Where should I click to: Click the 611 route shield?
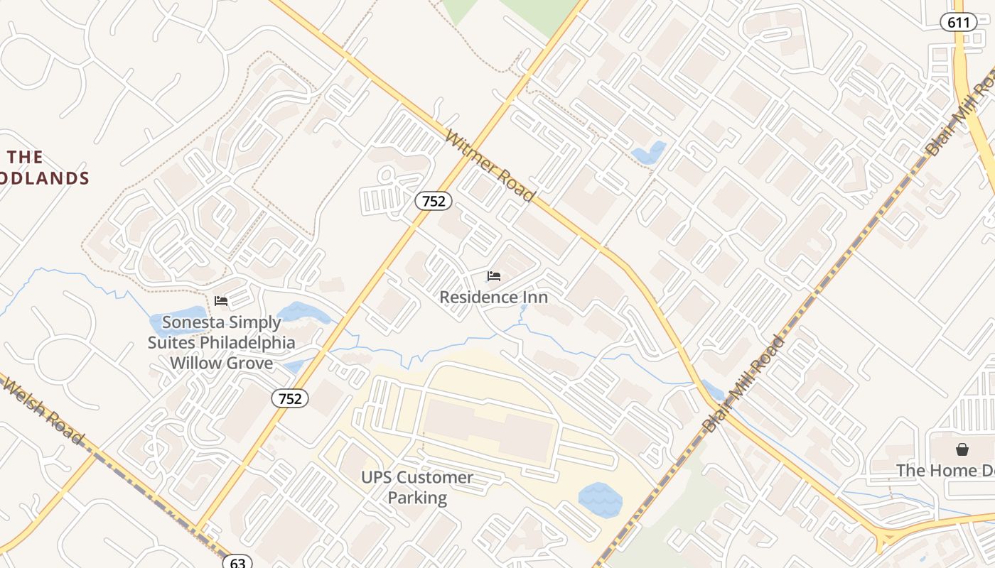tap(958, 22)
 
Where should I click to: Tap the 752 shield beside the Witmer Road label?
tap(434, 201)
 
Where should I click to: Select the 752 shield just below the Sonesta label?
tap(290, 398)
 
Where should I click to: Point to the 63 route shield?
tap(237, 562)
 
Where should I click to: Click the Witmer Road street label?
tap(490, 165)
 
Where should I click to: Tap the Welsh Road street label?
tap(43, 410)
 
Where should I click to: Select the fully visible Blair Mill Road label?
tap(743, 384)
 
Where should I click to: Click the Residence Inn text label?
tap(494, 297)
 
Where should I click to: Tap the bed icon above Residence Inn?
tap(494, 276)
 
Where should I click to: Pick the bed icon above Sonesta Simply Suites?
tap(221, 301)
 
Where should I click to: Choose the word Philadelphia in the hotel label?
tap(247, 343)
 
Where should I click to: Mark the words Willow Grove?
tap(221, 363)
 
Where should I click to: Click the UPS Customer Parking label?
tap(417, 487)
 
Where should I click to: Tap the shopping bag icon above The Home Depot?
tap(962, 449)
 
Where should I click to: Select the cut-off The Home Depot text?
tap(945, 470)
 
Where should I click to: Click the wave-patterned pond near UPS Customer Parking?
tap(600, 500)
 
